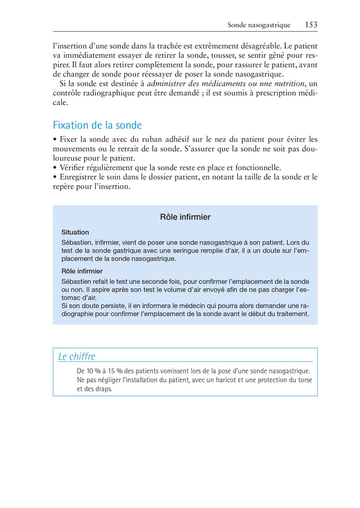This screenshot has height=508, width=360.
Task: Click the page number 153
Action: (x=311, y=25)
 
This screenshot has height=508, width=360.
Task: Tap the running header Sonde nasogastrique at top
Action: (x=259, y=25)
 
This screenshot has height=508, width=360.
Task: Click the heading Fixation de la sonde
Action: (x=97, y=125)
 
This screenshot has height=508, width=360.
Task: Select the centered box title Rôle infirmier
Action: (x=185, y=217)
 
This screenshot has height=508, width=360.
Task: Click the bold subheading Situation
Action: (x=75, y=232)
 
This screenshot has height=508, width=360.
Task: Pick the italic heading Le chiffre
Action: (x=77, y=356)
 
